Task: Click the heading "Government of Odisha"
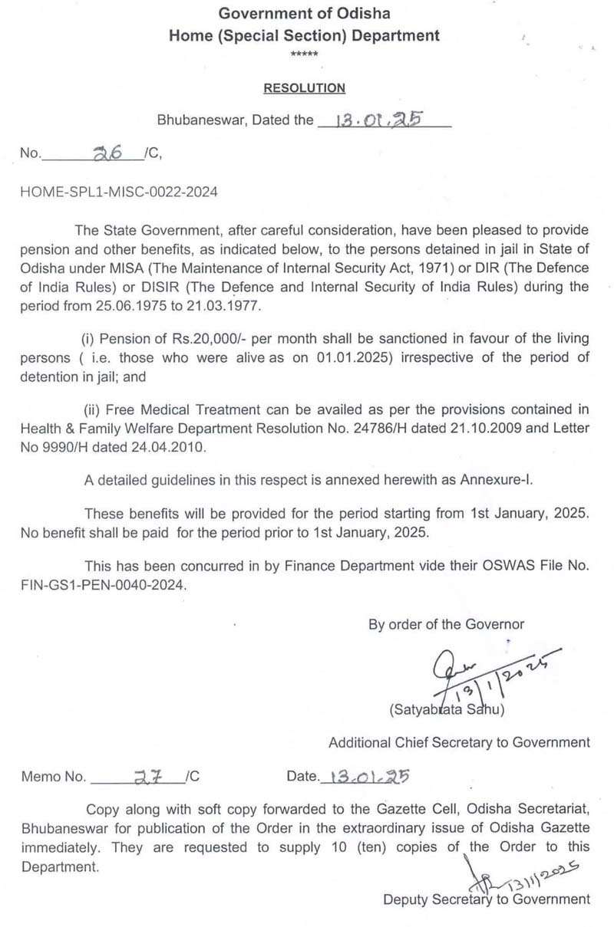[x=305, y=13]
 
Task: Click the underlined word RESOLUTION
[x=305, y=88]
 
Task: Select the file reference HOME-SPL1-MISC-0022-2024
[x=119, y=192]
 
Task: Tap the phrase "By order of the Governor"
[x=446, y=625]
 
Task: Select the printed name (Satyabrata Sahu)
[x=447, y=710]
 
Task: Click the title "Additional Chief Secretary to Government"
[x=459, y=742]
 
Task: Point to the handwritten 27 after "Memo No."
[x=144, y=776]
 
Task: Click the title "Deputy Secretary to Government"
[x=487, y=899]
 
